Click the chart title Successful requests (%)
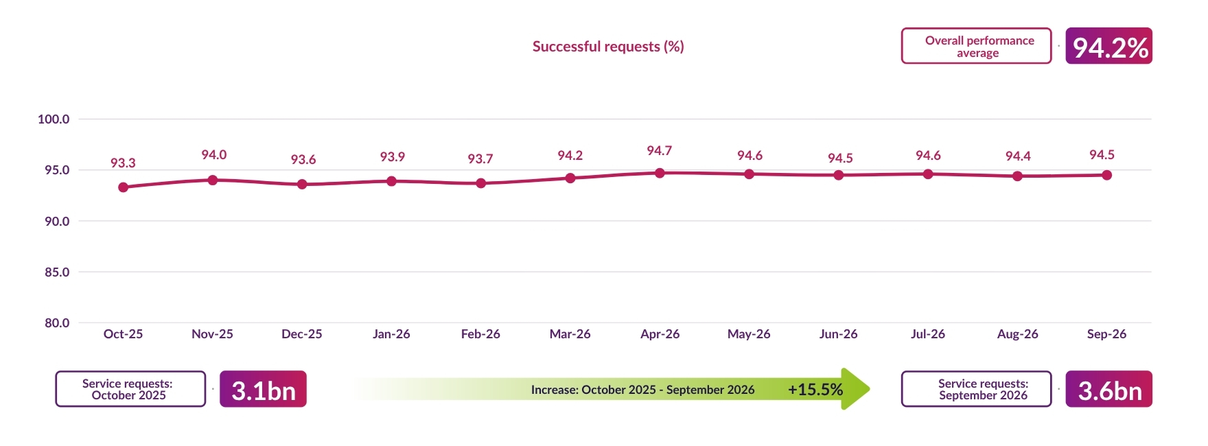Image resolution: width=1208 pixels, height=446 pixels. (608, 47)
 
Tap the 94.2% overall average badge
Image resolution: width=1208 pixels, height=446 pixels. (1108, 46)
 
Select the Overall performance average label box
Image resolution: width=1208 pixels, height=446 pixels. (976, 46)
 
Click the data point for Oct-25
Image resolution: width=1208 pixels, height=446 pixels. (124, 187)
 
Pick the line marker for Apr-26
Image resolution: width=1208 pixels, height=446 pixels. (660, 173)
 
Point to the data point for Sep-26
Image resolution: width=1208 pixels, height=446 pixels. (1107, 175)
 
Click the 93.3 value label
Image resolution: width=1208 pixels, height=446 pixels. (123, 163)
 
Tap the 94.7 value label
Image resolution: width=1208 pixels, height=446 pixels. (660, 150)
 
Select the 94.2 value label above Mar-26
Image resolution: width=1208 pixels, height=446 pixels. (570, 155)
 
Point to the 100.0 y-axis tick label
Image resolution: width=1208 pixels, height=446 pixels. (54, 119)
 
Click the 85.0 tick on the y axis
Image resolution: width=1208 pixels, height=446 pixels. (57, 272)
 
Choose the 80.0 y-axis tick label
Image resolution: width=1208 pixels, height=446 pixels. (57, 322)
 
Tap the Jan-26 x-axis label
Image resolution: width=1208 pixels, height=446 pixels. (391, 334)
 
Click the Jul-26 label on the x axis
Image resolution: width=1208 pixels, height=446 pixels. (928, 334)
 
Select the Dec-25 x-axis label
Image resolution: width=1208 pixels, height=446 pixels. (302, 334)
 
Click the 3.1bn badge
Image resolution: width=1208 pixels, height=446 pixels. (263, 389)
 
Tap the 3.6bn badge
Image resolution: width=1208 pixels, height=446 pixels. (1108, 389)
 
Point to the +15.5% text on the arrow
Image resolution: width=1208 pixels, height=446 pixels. (815, 390)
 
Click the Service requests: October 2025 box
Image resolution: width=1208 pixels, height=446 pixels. (130, 389)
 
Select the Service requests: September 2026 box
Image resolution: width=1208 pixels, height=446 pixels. (976, 389)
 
